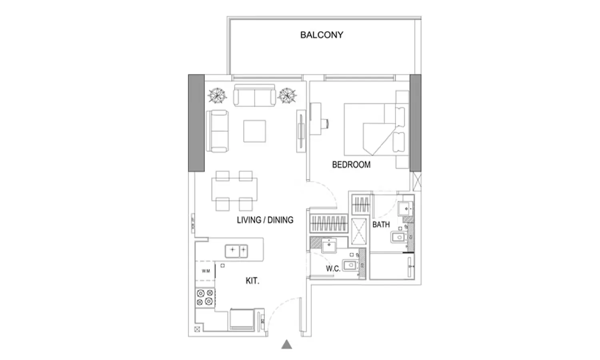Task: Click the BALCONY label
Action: click(322, 35)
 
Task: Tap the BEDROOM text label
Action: click(351, 164)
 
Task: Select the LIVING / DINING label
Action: click(265, 220)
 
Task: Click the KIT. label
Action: click(252, 281)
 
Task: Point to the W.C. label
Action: click(333, 269)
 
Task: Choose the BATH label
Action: click(381, 224)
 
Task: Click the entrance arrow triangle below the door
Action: click(286, 344)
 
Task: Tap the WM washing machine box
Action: click(206, 271)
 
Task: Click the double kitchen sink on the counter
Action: click(236, 251)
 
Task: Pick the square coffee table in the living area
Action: click(255, 131)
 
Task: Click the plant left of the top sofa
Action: click(217, 96)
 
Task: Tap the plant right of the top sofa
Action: click(288, 96)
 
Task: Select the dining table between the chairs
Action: click(234, 189)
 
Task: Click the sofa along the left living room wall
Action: click(217, 131)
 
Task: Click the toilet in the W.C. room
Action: click(350, 265)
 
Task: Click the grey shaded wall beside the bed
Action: click(416, 122)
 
